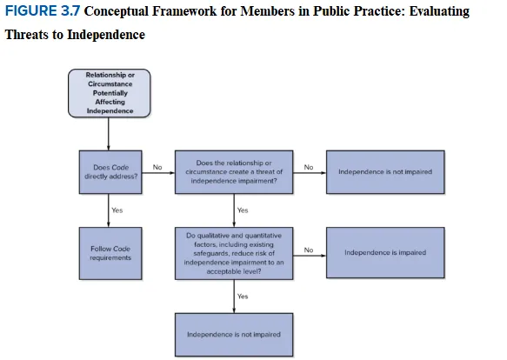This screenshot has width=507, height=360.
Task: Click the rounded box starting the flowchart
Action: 110,93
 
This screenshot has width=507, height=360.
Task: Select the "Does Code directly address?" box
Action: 110,172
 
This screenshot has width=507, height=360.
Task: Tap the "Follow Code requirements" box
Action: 110,253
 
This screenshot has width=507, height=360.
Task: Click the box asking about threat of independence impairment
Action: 234,172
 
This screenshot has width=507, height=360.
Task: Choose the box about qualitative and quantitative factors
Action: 234,253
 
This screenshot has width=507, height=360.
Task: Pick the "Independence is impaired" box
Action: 385,253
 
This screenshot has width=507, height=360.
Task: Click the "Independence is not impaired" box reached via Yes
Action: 234,335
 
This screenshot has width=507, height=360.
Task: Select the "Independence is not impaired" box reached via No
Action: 385,172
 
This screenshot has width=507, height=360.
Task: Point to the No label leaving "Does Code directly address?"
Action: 157,167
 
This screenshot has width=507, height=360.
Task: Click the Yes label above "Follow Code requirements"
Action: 117,210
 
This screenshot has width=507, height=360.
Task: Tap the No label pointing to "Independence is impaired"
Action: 309,250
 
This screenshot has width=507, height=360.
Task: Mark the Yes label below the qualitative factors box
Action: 243,297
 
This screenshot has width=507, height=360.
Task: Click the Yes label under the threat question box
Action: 243,210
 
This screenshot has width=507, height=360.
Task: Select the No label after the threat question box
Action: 309,167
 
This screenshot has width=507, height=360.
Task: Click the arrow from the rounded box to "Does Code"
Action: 109,134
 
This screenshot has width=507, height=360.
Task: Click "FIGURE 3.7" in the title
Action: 43,11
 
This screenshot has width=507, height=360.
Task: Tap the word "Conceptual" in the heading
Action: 117,11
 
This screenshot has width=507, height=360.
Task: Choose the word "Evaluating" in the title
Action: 439,11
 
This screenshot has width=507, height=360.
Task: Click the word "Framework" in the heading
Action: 184,11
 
